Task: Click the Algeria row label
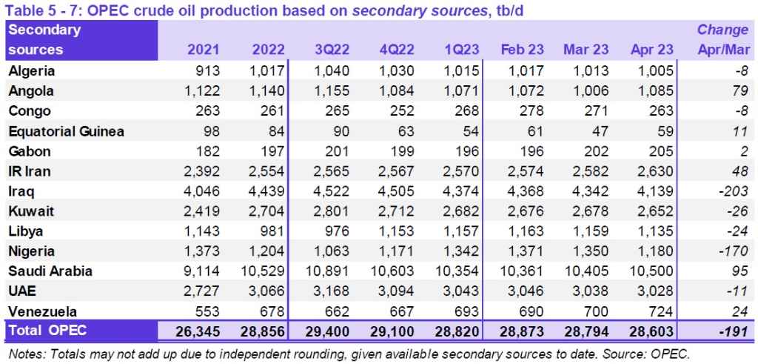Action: point(33,71)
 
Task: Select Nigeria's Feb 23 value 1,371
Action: point(526,251)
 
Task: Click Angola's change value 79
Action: point(740,91)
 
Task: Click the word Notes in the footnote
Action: point(24,353)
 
